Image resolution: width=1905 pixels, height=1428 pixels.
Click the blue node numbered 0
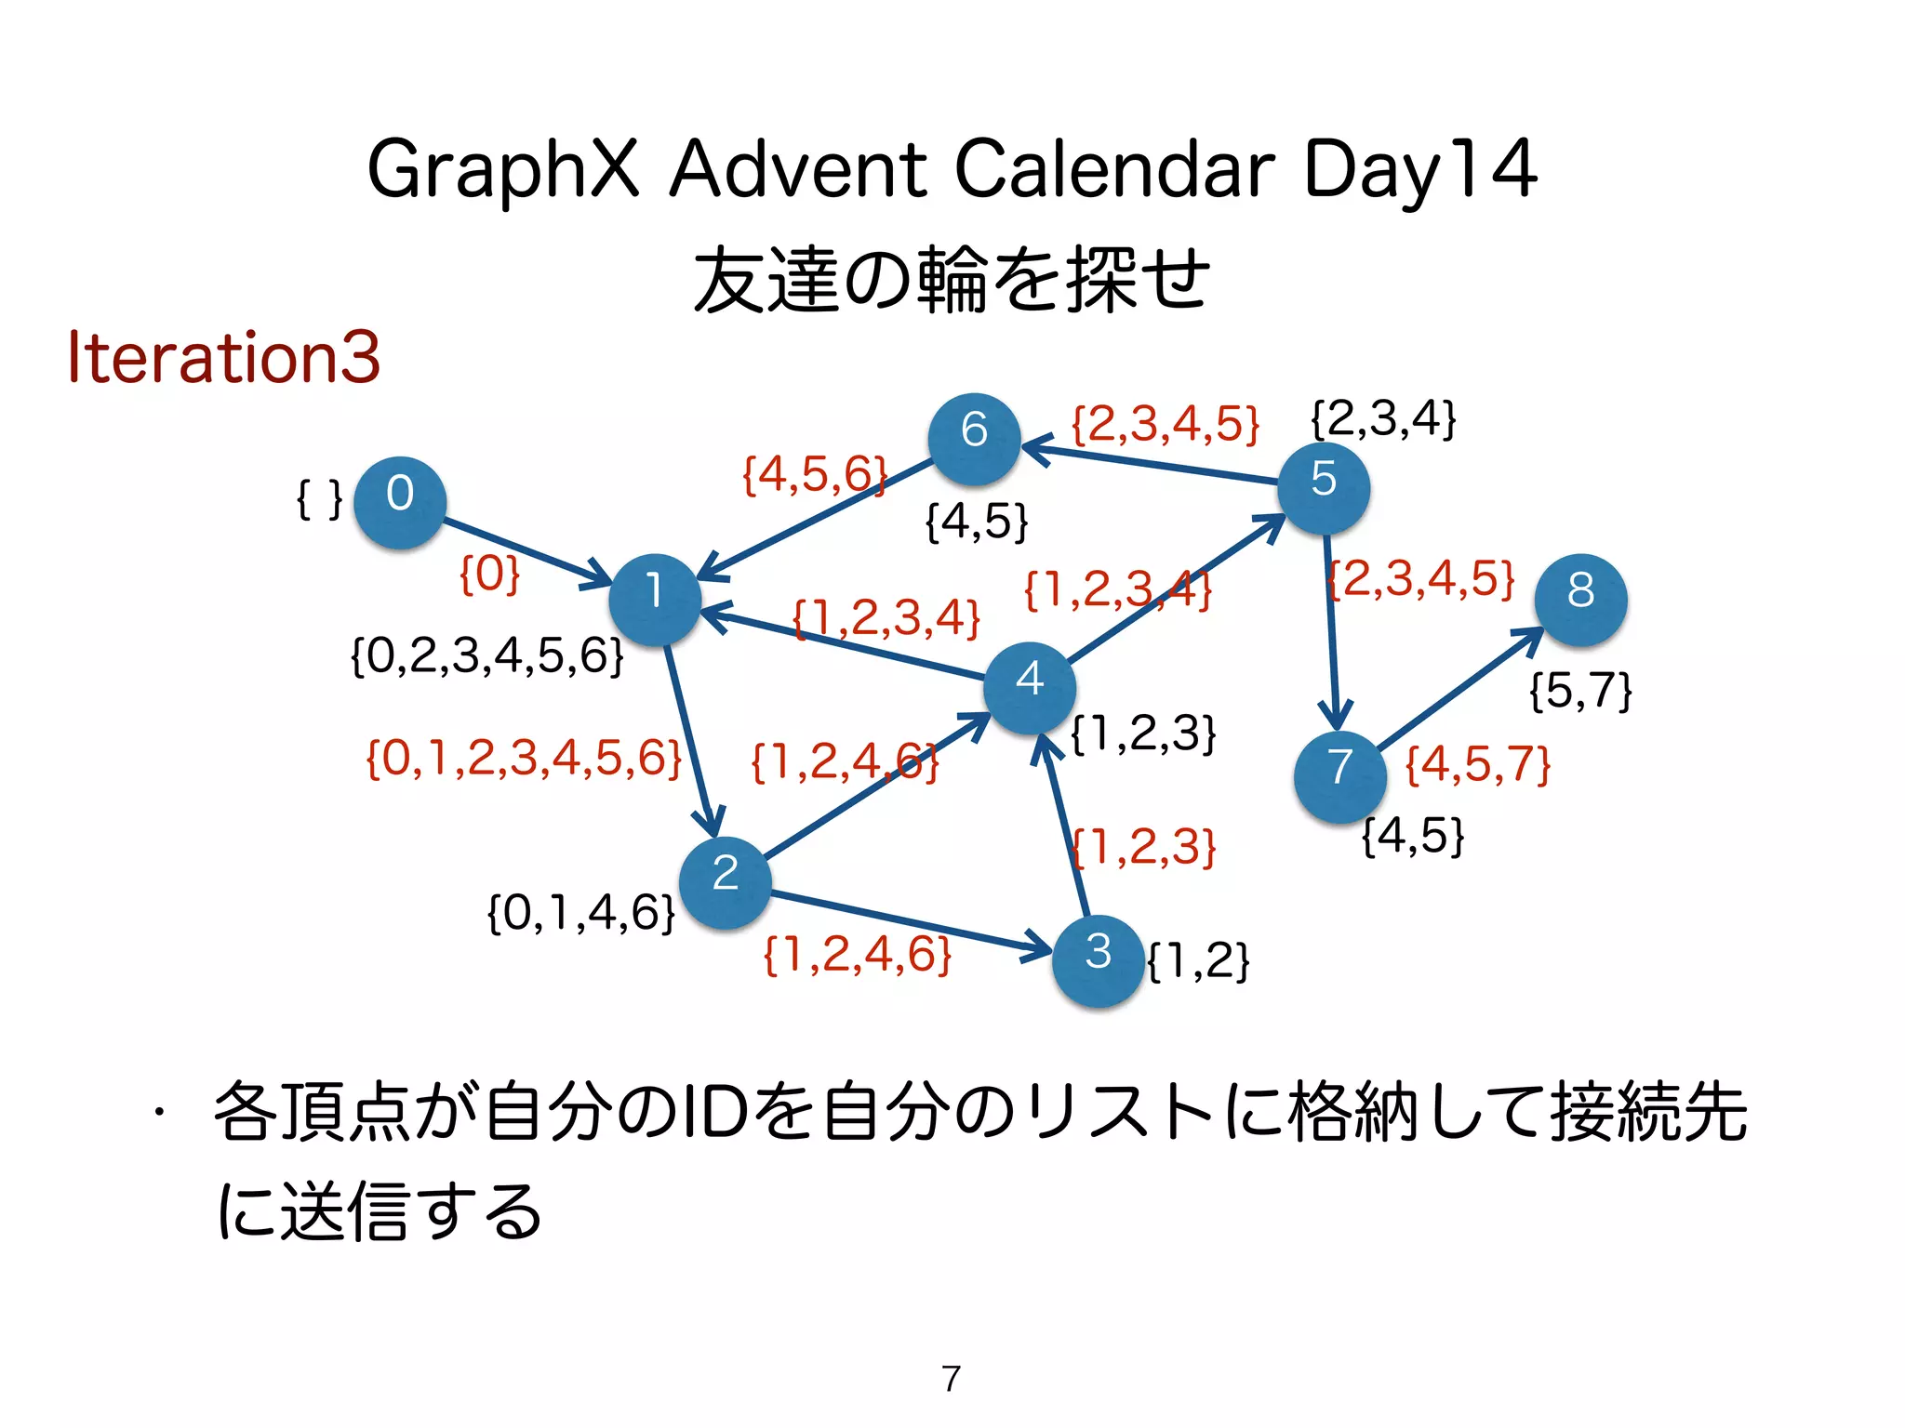[x=400, y=502]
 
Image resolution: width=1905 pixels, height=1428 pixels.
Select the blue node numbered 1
[x=655, y=600]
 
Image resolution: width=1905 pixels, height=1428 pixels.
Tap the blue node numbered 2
[x=726, y=881]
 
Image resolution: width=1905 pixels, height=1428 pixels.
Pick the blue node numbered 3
[x=1099, y=960]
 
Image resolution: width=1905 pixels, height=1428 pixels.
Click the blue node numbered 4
[x=1030, y=687]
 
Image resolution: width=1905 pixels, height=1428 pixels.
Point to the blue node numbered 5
[x=1324, y=487]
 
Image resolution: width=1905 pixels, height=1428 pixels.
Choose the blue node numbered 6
[x=974, y=439]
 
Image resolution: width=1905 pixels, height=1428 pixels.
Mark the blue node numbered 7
[x=1339, y=775]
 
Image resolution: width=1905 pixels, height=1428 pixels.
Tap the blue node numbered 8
[x=1580, y=600]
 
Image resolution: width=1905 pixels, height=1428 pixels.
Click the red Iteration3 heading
[x=224, y=357]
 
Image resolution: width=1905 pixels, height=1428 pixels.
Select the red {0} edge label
[x=490, y=574]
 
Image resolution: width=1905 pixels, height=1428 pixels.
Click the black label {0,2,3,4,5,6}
[x=487, y=656]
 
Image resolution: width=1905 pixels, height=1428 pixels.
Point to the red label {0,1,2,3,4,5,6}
[x=524, y=759]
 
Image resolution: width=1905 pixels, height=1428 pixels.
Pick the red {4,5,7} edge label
[x=1477, y=765]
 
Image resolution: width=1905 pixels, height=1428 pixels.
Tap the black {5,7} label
[x=1580, y=691]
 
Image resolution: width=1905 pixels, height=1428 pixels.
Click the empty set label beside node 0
[x=319, y=499]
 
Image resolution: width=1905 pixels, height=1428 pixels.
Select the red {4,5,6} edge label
[x=814, y=475]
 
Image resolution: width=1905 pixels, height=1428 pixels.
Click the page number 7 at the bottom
[x=951, y=1378]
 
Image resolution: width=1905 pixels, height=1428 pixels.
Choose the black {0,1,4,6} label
[x=580, y=913]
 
